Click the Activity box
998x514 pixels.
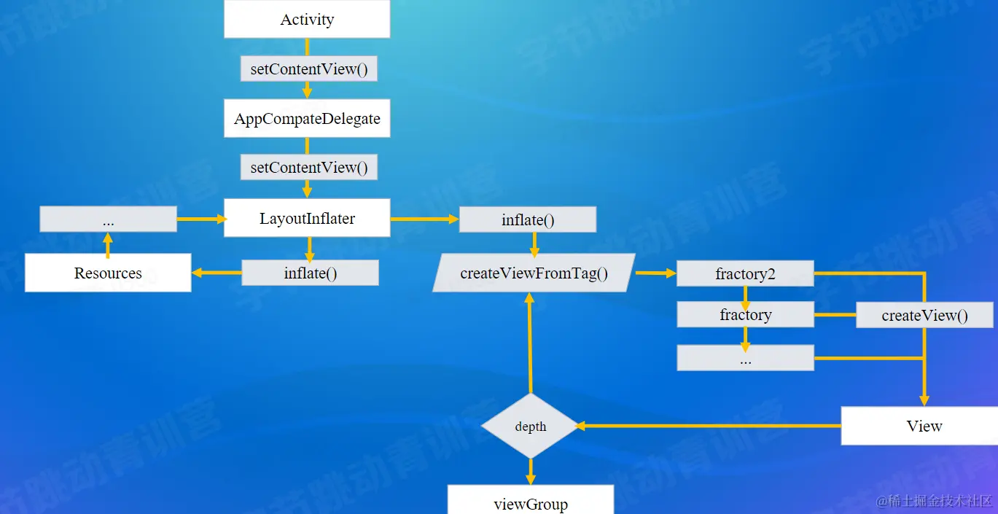tap(307, 20)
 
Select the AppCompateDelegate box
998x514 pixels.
tap(307, 119)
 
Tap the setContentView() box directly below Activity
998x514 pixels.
tap(309, 69)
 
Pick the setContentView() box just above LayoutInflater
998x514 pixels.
tap(309, 168)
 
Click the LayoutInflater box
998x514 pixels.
tap(307, 218)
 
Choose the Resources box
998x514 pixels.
tap(108, 273)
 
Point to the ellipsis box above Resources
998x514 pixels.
tap(108, 219)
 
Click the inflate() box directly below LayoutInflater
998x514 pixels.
tap(310, 273)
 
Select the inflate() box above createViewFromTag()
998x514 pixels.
tap(528, 219)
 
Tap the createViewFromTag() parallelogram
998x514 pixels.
tap(534, 273)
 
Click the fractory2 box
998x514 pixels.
tap(745, 274)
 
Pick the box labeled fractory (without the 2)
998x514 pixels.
tap(745, 315)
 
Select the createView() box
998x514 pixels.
tap(924, 316)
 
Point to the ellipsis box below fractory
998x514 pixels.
tap(745, 358)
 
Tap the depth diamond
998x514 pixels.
tap(531, 427)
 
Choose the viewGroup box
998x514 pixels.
tap(531, 503)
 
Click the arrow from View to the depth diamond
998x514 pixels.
tap(707, 426)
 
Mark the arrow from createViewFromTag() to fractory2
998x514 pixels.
tap(655, 273)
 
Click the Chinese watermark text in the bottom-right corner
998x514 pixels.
tap(935, 501)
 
